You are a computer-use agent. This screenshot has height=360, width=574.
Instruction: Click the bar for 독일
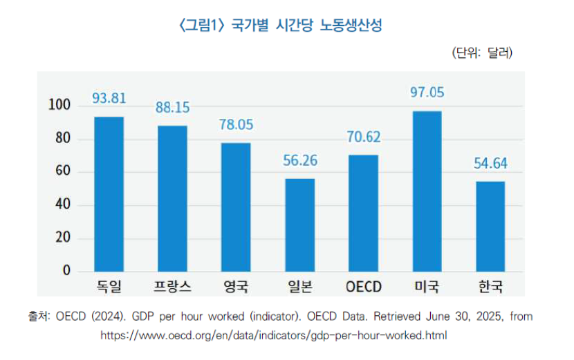point(109,194)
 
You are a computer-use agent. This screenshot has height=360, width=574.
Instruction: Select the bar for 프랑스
point(172,198)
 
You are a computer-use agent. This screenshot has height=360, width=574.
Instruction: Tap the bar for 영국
point(236,207)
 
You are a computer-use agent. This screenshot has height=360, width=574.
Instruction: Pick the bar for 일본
point(299,225)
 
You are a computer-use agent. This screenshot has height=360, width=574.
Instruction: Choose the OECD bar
point(363,213)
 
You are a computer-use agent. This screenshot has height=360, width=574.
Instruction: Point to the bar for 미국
point(427,191)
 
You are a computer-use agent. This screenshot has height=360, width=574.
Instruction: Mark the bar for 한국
point(490,227)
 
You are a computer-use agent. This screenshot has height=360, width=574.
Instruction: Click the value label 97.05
point(427,92)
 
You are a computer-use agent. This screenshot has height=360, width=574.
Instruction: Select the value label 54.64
point(490,164)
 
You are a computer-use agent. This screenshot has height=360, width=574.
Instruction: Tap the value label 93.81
point(109,99)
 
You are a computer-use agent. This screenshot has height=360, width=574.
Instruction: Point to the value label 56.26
point(299,160)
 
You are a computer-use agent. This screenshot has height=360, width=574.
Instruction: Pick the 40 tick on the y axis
point(62,205)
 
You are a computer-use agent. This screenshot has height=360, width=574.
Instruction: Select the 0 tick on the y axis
point(66,271)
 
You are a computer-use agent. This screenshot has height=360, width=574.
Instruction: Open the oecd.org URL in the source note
point(274,336)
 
